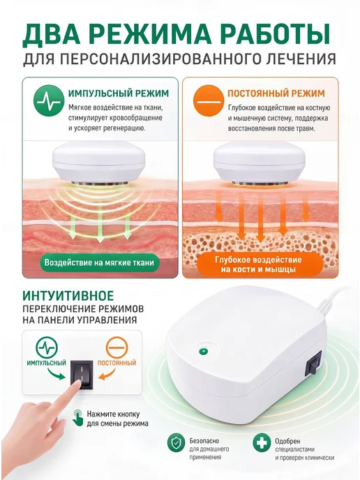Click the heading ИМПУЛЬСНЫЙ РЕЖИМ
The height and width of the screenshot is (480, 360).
click(119, 93)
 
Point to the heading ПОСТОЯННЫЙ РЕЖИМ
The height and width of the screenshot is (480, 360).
click(276, 93)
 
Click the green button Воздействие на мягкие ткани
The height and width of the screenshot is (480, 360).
click(100, 262)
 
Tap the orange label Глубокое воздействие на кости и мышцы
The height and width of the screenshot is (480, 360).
click(259, 264)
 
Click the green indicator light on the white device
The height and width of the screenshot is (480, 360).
click(202, 352)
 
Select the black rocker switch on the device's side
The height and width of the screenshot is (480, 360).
click(313, 364)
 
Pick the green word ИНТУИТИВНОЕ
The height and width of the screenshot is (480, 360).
click(68, 296)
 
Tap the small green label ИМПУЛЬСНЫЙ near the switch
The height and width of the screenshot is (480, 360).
click(47, 363)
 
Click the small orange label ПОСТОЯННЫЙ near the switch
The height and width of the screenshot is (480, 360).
click(117, 363)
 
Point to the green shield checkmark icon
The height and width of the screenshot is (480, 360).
click(176, 443)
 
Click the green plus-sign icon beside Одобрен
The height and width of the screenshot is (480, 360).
click(262, 443)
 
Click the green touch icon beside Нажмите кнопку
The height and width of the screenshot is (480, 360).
click(77, 417)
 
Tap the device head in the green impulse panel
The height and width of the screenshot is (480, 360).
click(99, 163)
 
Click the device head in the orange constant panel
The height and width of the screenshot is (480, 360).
click(259, 163)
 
